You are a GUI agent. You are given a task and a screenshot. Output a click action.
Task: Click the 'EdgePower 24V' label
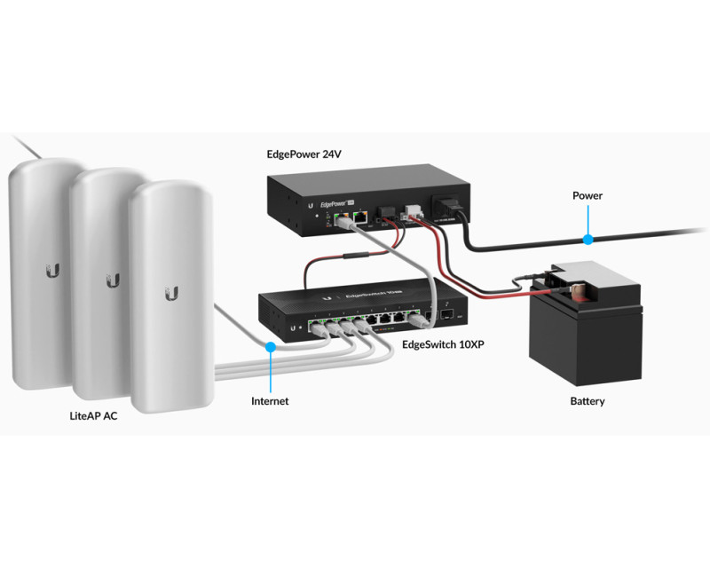304,154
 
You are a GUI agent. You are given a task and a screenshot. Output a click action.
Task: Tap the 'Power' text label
588,195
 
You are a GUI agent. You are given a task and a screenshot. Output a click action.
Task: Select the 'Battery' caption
588,401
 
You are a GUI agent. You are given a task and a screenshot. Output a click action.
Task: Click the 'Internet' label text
270,401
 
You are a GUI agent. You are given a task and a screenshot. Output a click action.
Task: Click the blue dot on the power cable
587,239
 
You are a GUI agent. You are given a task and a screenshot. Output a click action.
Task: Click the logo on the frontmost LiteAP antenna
171,293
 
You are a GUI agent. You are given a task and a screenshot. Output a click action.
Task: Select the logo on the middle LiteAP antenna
113,280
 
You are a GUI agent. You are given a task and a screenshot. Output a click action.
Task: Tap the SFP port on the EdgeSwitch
449,314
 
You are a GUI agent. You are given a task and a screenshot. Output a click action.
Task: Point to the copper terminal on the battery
575,289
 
